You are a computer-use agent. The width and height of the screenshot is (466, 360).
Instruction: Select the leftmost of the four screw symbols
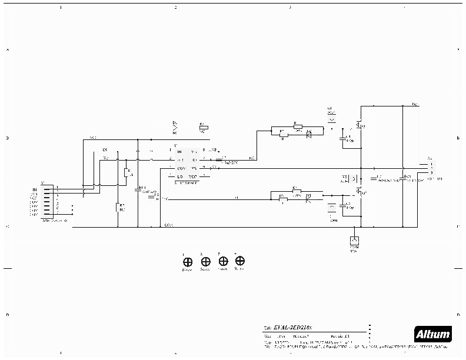(x=187, y=262)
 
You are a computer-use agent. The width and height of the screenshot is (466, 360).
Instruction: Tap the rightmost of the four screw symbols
(x=239, y=261)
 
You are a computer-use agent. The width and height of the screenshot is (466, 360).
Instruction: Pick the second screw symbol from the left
(x=205, y=262)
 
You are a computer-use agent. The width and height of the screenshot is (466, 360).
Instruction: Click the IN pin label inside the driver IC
(x=179, y=152)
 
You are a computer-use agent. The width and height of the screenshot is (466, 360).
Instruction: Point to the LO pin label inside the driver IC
(x=179, y=176)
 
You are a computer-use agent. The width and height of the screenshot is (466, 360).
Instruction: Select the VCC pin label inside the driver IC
(x=193, y=176)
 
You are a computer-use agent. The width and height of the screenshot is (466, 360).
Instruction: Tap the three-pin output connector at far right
(x=427, y=168)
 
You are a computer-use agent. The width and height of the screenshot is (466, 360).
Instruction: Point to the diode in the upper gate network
(x=309, y=134)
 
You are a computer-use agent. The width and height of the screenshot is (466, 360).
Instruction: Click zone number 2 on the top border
(x=175, y=7)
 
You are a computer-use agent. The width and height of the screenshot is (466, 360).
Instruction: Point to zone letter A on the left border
(x=7, y=50)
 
